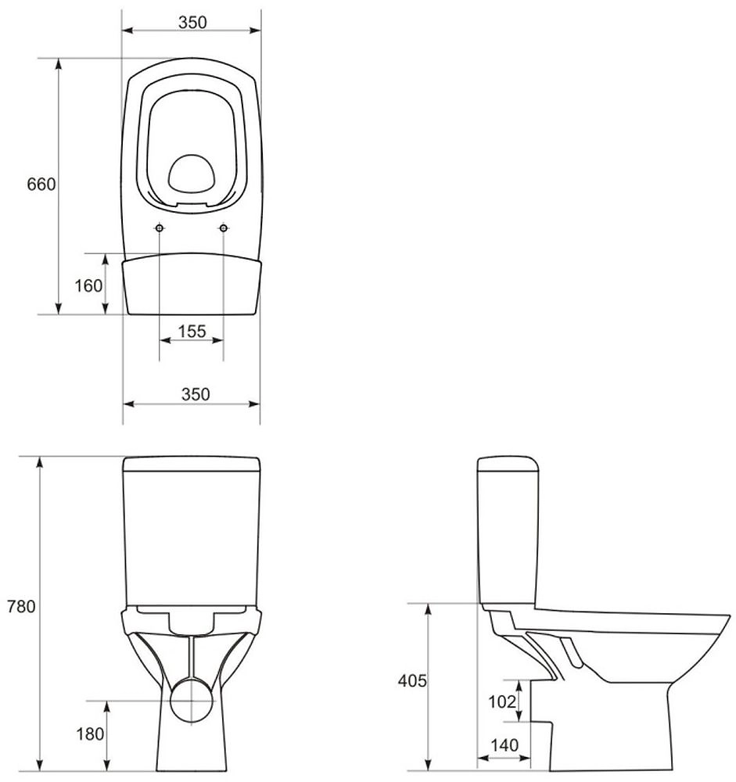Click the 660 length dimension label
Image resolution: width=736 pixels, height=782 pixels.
pos(41,185)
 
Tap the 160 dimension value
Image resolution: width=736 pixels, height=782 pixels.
pos(88,285)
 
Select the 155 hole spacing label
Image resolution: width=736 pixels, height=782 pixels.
pos(192,331)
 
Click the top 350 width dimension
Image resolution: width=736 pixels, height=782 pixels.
pos(192,23)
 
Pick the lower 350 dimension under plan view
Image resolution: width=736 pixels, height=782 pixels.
pos(196,394)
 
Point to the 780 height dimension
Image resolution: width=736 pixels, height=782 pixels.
pos(21,607)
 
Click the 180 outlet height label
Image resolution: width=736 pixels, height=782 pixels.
pos(90,734)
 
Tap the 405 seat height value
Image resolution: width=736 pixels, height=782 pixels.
pos(412,681)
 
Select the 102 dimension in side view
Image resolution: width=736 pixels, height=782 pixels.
pos(501,701)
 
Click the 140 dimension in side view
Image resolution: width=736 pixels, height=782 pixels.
pos(504,745)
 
